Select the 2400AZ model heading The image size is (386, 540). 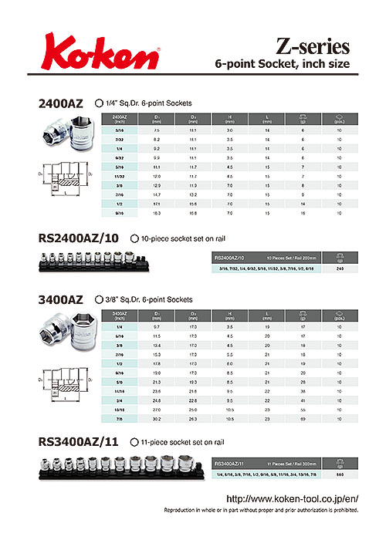click(x=62, y=103)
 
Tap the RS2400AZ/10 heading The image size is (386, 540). click(x=80, y=238)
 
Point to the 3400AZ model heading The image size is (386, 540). click(x=62, y=299)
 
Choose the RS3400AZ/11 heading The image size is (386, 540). click(x=80, y=442)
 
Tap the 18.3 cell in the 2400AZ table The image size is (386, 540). click(x=157, y=211)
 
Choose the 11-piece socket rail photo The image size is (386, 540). click(x=120, y=467)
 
